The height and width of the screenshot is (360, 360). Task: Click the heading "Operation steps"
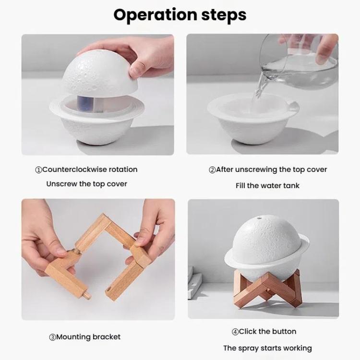(x=180, y=15)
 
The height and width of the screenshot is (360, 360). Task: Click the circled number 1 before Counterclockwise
(x=38, y=169)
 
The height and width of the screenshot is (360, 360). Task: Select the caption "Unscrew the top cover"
(x=87, y=184)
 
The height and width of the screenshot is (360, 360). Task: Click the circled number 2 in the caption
(x=212, y=169)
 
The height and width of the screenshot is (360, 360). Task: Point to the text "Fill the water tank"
(x=267, y=185)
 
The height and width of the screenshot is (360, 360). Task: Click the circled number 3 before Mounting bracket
(x=52, y=337)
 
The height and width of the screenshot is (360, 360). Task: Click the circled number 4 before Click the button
(x=235, y=332)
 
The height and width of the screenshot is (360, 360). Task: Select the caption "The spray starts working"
(x=267, y=348)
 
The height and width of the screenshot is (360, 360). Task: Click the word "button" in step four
(x=284, y=332)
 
